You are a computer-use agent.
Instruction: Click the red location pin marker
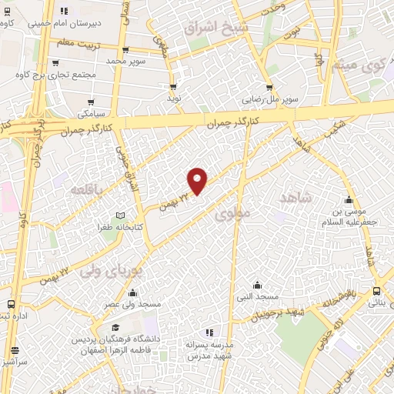click(198, 181)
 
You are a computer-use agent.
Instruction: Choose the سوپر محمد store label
click(126, 60)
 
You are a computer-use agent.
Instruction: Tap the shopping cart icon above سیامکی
click(92, 102)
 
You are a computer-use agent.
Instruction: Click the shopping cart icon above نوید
click(174, 86)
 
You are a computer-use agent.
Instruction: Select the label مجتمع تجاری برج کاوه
click(82, 75)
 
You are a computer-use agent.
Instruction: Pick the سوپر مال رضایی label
click(269, 99)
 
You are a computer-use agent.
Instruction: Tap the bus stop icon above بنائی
click(376, 291)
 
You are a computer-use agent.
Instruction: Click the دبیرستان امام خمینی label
click(63, 23)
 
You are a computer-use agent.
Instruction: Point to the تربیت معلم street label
click(75, 42)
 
